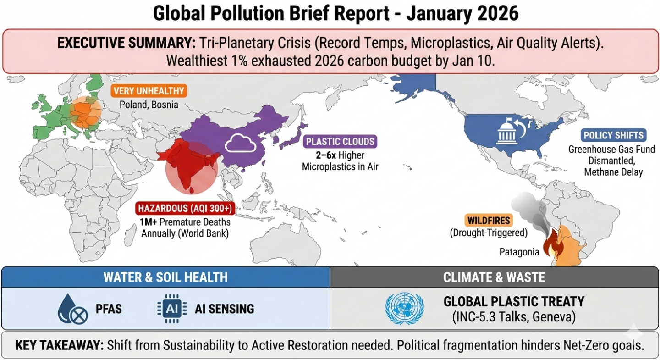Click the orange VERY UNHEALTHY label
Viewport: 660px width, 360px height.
point(148,90)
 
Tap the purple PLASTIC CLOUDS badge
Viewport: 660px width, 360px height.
point(340,141)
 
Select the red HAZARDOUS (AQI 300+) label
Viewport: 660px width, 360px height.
point(186,209)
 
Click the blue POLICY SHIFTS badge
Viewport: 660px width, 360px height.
point(613,136)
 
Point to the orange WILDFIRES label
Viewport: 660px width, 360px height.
point(489,220)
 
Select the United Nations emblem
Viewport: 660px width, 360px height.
point(405,308)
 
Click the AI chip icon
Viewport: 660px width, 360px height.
point(171,309)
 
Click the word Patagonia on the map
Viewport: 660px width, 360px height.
point(518,251)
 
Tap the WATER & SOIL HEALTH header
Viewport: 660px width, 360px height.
point(165,277)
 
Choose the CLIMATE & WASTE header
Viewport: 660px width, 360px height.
point(494,277)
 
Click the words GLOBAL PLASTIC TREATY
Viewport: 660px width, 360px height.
point(513,301)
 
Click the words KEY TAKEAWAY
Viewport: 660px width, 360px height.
point(59,346)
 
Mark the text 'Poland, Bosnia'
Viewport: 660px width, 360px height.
point(148,105)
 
